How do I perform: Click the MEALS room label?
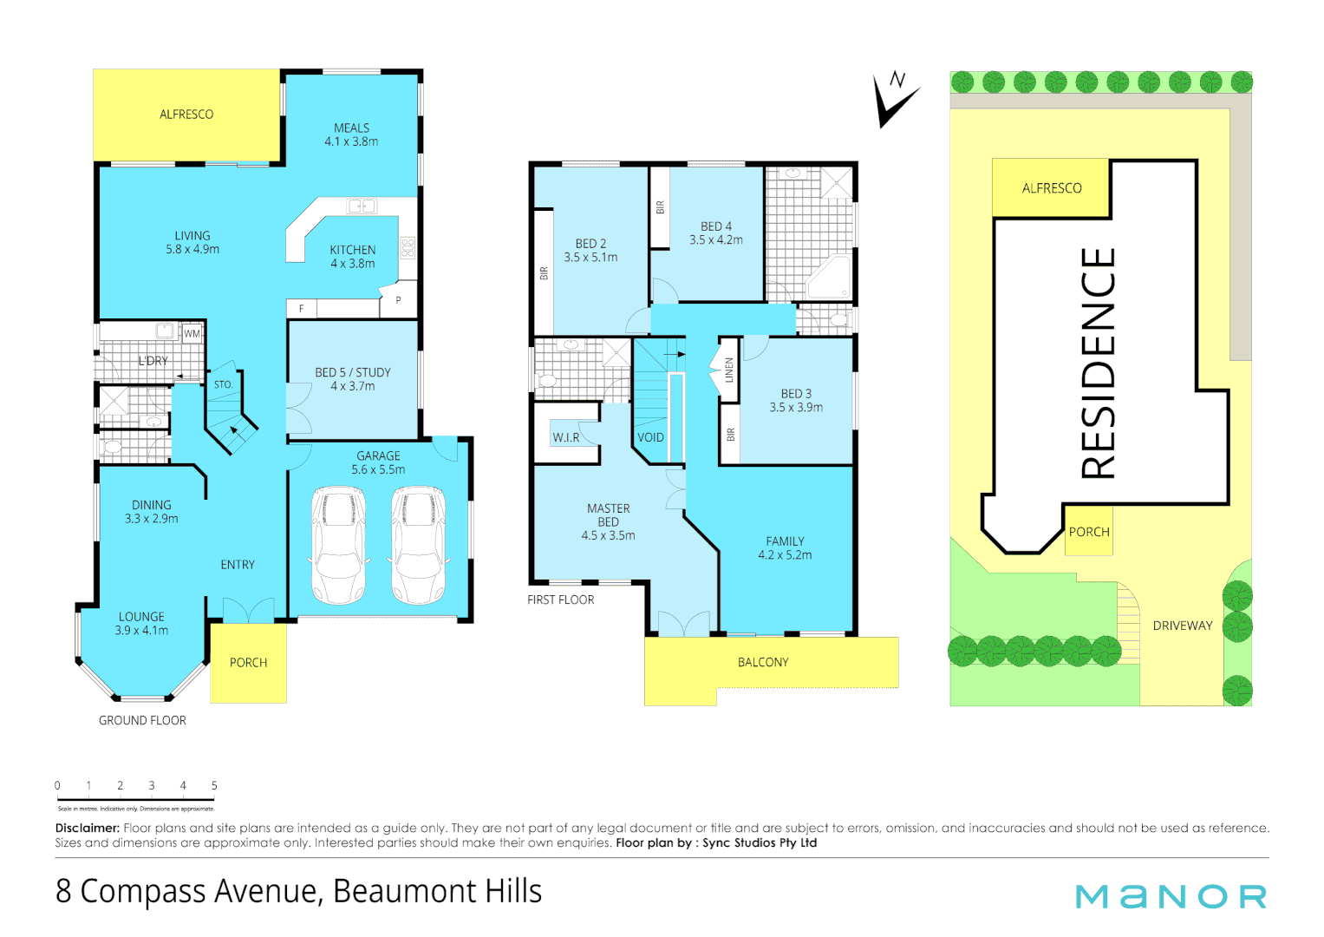click(x=351, y=128)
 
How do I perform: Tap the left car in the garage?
click(x=338, y=544)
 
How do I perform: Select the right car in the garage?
click(x=418, y=544)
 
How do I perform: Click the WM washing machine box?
click(x=192, y=334)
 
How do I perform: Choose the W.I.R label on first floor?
click(x=565, y=437)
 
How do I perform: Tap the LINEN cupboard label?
click(x=729, y=370)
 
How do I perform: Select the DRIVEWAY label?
click(x=1182, y=626)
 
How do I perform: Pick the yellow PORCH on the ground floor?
click(x=248, y=663)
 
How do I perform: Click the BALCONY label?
click(x=763, y=663)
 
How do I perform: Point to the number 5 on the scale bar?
click(x=214, y=786)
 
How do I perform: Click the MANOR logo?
click(x=1171, y=896)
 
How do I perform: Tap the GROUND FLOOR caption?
click(x=142, y=721)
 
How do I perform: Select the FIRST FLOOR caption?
click(x=561, y=600)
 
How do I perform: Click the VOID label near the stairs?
click(x=650, y=438)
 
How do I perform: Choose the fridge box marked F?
click(x=302, y=309)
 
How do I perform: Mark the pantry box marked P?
click(x=398, y=300)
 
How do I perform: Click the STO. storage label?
click(x=223, y=384)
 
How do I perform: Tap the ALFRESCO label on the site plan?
click(x=1052, y=188)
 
